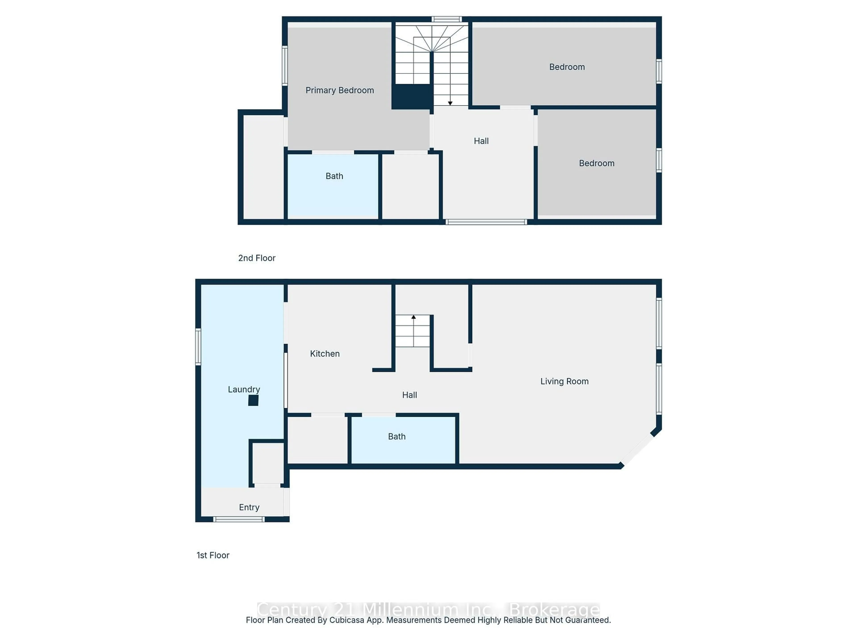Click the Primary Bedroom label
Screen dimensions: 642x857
339,90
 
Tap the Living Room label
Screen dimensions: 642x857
564,381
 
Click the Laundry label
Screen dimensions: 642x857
244,389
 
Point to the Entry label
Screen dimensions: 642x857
249,507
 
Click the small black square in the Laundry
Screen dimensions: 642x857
253,401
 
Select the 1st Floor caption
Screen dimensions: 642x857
213,555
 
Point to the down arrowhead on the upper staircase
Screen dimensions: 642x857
450,103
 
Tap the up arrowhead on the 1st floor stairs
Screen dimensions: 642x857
413,317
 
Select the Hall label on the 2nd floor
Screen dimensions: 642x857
481,141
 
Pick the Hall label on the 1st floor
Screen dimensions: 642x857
410,395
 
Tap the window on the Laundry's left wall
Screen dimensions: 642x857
198,346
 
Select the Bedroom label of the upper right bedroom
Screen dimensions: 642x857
567,67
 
